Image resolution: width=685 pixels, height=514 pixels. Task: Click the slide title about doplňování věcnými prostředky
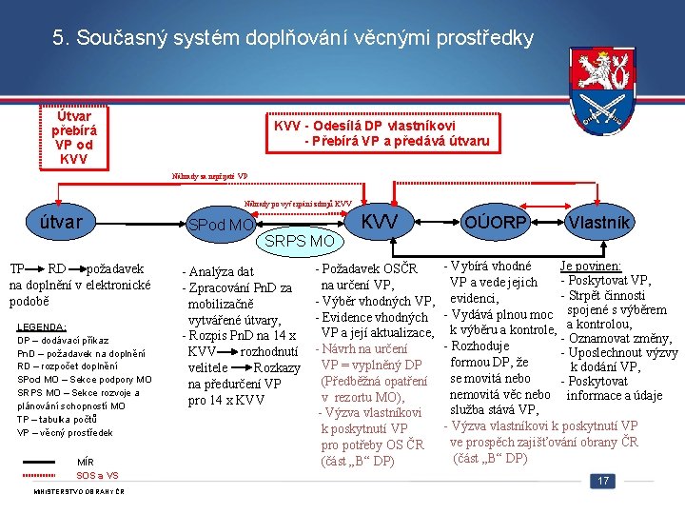[293, 39]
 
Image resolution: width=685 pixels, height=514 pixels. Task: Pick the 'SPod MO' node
[220, 226]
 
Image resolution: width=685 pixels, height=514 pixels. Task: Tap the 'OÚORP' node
[496, 222]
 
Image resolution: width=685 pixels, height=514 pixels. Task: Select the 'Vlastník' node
[597, 222]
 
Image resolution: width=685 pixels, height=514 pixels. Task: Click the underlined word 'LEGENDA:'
[42, 326]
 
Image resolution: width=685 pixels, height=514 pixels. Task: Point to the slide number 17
[602, 482]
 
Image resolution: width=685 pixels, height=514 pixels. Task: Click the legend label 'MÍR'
[85, 463]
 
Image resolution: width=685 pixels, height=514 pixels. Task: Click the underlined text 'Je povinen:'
[591, 267]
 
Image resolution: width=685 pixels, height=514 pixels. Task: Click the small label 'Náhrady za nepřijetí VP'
[209, 177]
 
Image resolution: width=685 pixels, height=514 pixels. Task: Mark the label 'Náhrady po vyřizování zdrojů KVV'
[297, 204]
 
